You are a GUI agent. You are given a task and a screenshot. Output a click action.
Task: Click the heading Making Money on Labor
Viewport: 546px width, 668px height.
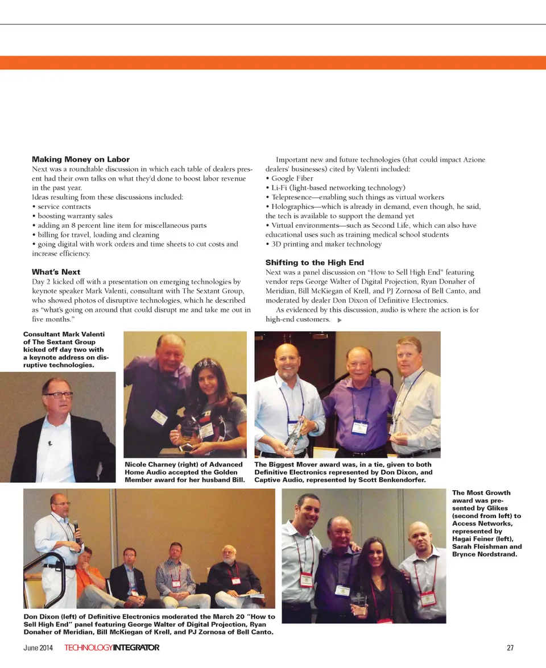(81, 160)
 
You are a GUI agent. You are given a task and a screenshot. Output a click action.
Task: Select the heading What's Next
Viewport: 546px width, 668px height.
(56, 272)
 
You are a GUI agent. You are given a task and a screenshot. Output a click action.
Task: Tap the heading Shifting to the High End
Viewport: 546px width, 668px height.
(315, 262)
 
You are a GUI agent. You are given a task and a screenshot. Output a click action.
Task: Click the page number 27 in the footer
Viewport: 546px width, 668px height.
(510, 648)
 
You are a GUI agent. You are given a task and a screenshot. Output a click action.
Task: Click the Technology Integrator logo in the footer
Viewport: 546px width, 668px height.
(111, 648)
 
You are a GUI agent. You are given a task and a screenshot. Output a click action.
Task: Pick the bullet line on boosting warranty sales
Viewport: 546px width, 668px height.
(75, 216)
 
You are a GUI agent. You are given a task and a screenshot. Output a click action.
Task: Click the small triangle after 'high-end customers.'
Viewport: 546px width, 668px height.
(340, 320)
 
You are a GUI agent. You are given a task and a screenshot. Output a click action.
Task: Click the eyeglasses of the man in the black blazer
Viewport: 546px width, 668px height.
(59, 394)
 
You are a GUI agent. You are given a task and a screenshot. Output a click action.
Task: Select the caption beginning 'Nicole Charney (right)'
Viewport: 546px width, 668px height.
(184, 472)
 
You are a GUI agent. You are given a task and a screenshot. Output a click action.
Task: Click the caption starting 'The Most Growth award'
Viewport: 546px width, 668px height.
(486, 523)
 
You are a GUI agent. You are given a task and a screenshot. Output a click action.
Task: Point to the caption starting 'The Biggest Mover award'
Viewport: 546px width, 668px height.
(344, 472)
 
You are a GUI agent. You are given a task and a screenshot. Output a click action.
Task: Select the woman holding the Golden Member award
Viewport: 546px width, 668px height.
(213, 406)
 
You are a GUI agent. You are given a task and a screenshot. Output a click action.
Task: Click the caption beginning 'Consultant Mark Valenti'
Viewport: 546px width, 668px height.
(65, 350)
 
